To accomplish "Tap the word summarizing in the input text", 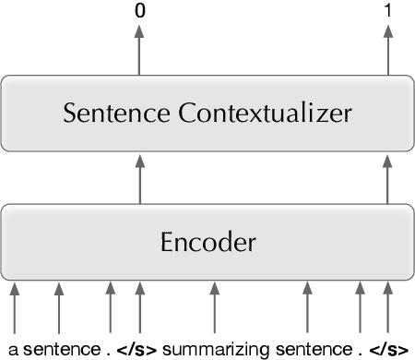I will click(x=215, y=349).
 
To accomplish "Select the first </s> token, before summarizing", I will click(x=140, y=349).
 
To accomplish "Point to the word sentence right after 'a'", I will click(x=60, y=349).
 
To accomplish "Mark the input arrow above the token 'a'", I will click(x=15, y=309).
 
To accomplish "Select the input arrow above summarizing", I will click(x=215, y=309).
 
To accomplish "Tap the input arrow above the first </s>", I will click(x=139, y=309).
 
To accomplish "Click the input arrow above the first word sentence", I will click(x=59, y=309).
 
